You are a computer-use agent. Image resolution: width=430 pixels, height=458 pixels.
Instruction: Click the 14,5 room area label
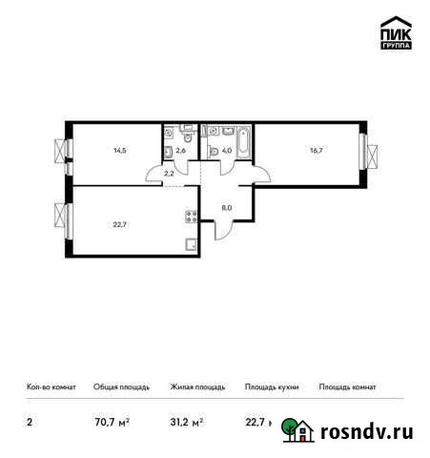click(120, 151)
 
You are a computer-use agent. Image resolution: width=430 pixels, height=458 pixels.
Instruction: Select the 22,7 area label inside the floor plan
click(120, 226)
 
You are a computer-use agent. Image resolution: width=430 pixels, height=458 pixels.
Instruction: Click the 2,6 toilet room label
click(181, 150)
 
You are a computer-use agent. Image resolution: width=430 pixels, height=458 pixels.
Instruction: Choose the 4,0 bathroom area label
click(227, 150)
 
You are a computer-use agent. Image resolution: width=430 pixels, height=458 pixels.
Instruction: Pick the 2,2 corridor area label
click(169, 173)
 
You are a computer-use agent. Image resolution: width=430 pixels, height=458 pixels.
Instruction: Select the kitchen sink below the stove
click(191, 242)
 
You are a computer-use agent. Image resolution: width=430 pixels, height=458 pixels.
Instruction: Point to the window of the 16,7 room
click(365, 152)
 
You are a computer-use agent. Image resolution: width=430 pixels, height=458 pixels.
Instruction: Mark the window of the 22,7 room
click(64, 219)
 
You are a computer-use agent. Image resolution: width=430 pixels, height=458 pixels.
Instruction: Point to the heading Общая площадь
click(121, 387)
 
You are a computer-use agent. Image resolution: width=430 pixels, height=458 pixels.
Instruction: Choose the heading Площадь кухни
click(272, 387)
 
